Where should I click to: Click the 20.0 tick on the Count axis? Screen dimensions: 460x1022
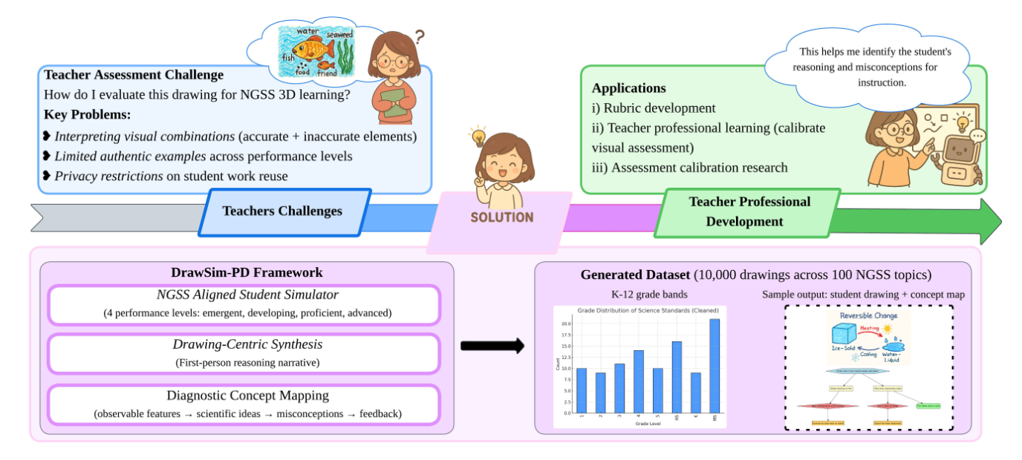(567, 323)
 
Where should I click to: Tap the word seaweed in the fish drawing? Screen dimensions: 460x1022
(339, 35)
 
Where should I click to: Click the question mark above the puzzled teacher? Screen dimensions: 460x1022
(420, 35)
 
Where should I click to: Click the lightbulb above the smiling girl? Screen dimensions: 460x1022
(476, 137)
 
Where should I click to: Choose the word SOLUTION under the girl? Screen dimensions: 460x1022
(502, 217)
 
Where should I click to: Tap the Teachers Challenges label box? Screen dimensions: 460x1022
(282, 211)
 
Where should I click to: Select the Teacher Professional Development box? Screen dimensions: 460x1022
(748, 211)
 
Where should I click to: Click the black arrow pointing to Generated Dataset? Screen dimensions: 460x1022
(492, 346)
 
